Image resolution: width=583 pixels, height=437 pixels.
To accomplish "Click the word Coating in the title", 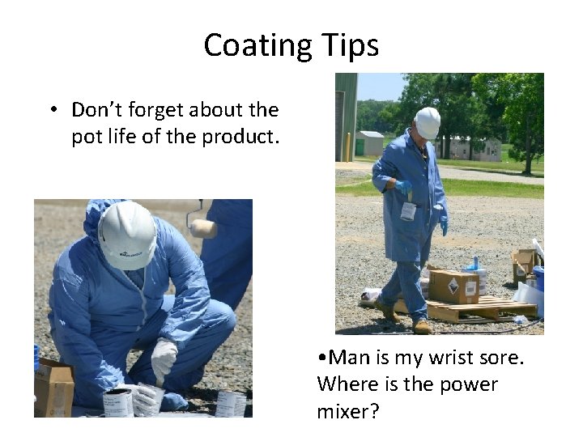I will click(253, 45).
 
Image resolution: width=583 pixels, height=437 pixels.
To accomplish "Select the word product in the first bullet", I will click(240, 137).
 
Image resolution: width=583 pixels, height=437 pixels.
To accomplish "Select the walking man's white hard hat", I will click(427, 122).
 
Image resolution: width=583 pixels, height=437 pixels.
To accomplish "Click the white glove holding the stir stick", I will click(164, 356).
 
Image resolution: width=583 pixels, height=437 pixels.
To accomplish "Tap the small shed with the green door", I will click(370, 142).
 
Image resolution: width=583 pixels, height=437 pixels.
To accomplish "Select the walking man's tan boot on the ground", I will click(421, 327).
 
